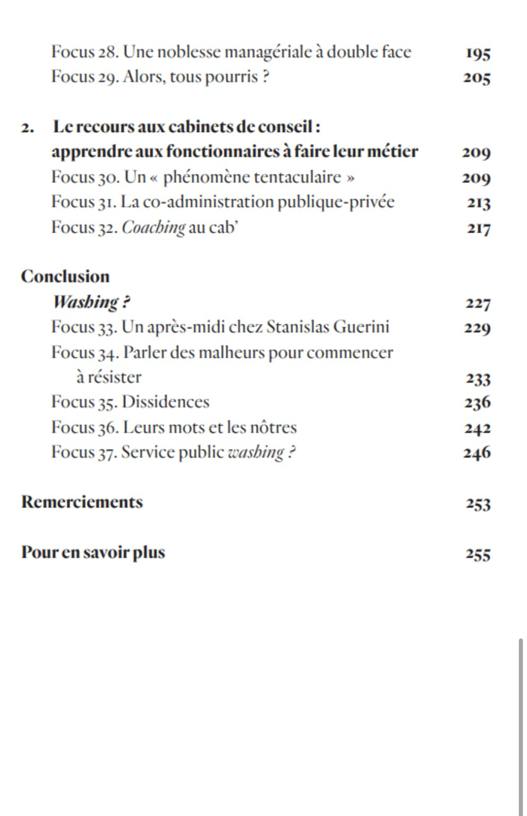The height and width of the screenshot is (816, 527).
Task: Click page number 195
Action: (478, 53)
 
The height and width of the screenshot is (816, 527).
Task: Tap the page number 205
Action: (477, 78)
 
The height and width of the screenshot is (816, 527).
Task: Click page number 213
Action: (479, 203)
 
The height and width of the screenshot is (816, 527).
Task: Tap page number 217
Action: (479, 228)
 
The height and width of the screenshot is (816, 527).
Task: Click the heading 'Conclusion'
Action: (65, 276)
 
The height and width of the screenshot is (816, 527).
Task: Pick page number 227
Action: (478, 303)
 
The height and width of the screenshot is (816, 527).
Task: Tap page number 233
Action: (478, 379)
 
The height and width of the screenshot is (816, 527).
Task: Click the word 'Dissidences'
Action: (165, 402)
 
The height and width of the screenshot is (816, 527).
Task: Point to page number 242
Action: (477, 428)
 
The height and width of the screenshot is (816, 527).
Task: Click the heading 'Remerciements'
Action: (82, 502)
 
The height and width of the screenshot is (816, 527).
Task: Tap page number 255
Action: (478, 554)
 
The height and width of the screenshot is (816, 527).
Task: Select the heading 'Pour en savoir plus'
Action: (93, 552)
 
